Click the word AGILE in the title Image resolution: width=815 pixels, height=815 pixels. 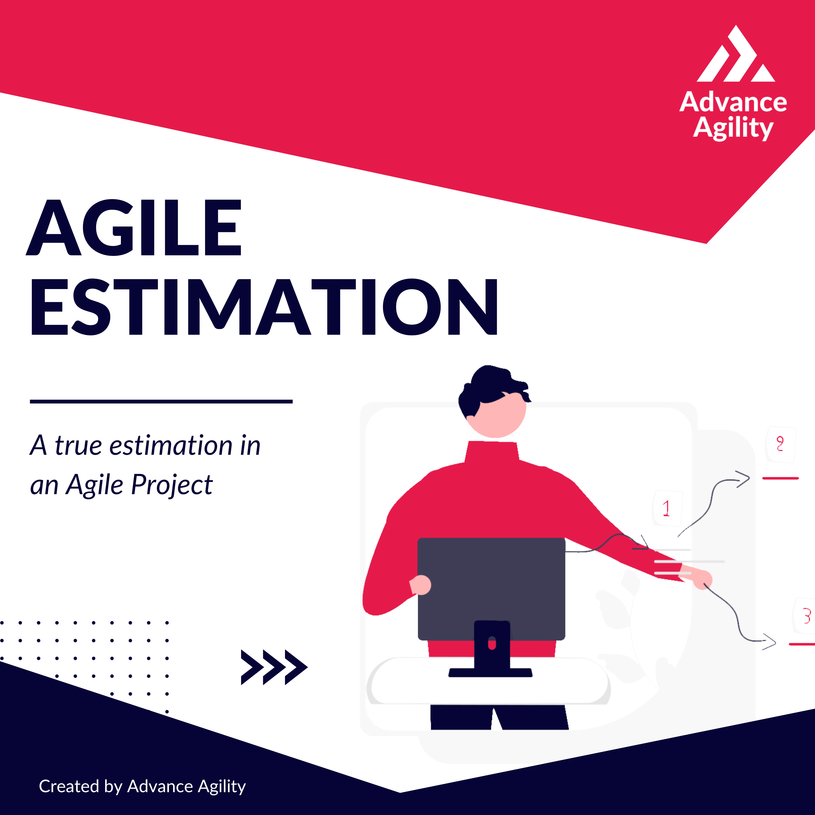point(134,228)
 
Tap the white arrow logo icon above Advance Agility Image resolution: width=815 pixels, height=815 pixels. point(736,54)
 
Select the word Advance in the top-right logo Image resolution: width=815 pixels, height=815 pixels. point(733,102)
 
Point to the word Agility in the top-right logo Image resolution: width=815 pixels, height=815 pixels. point(733,128)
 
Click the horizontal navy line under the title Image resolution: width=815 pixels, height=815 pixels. point(161,402)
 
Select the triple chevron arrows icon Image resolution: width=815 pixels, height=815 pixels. point(274,667)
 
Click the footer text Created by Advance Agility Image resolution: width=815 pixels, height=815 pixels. point(142,786)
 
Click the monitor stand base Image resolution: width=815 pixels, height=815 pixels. point(490,672)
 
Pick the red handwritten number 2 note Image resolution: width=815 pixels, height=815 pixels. point(780,444)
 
